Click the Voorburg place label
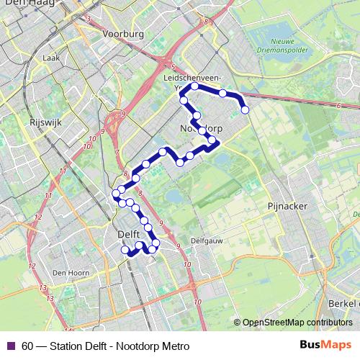click(x=124, y=34)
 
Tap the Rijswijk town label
click(x=46, y=122)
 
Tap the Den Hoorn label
click(x=70, y=272)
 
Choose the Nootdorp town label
click(x=200, y=127)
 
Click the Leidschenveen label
click(x=207, y=76)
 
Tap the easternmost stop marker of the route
click(x=246, y=110)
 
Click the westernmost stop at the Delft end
click(x=115, y=193)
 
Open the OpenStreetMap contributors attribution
click(x=297, y=322)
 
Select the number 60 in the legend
click(x=27, y=346)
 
